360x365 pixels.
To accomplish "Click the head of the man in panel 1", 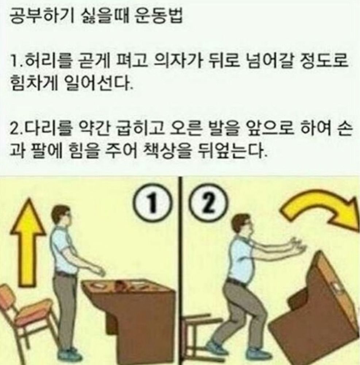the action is point(61,216).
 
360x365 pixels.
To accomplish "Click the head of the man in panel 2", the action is point(242,224).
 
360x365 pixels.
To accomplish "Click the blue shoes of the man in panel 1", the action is point(69,356).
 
